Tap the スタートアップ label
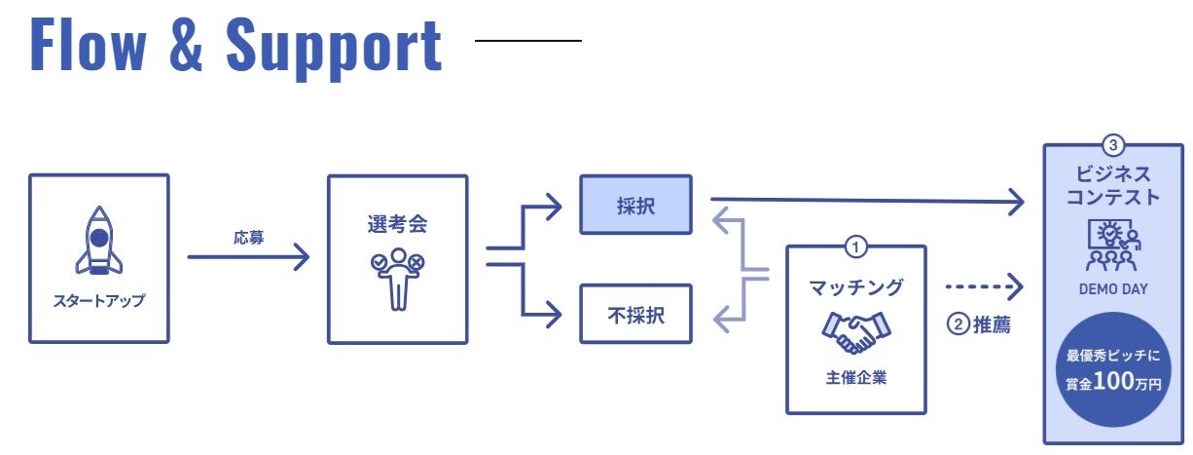pyautogui.click(x=98, y=301)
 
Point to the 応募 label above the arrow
pyautogui.click(x=248, y=237)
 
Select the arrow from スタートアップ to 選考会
pyautogui.click(x=248, y=257)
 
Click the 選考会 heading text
pyautogui.click(x=397, y=223)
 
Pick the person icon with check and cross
pyautogui.click(x=397, y=276)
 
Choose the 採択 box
pyautogui.click(x=635, y=205)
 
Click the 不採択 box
pyautogui.click(x=635, y=314)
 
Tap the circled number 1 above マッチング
pyautogui.click(x=855, y=246)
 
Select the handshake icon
pyautogui.click(x=856, y=332)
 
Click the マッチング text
pyautogui.click(x=856, y=287)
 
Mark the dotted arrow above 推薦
pyautogui.click(x=984, y=286)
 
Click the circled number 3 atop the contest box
pyautogui.click(x=1113, y=146)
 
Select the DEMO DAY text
pyautogui.click(x=1113, y=289)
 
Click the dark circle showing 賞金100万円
pyautogui.click(x=1113, y=370)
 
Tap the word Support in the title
pyautogui.click(x=334, y=47)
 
